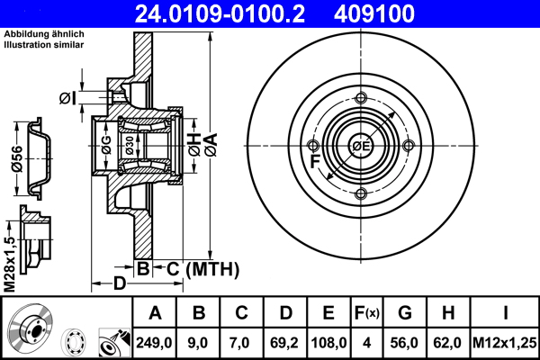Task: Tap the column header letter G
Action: coord(405,313)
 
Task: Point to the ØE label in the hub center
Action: coord(361,147)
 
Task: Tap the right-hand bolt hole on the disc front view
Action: coord(409,146)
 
